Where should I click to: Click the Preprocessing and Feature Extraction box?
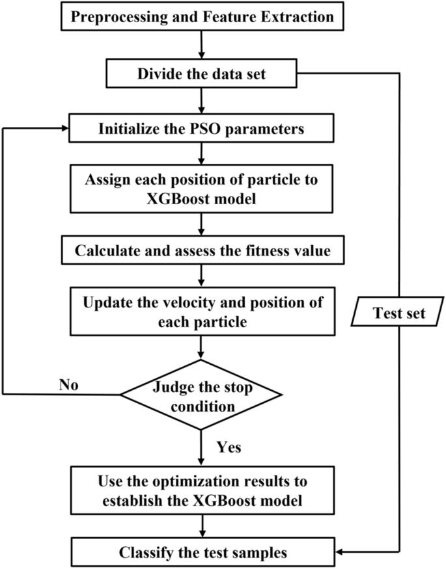coord(201,17)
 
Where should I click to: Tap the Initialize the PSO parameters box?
coord(201,128)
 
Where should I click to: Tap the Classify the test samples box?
coord(201,553)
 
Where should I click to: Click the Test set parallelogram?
coord(398,314)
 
